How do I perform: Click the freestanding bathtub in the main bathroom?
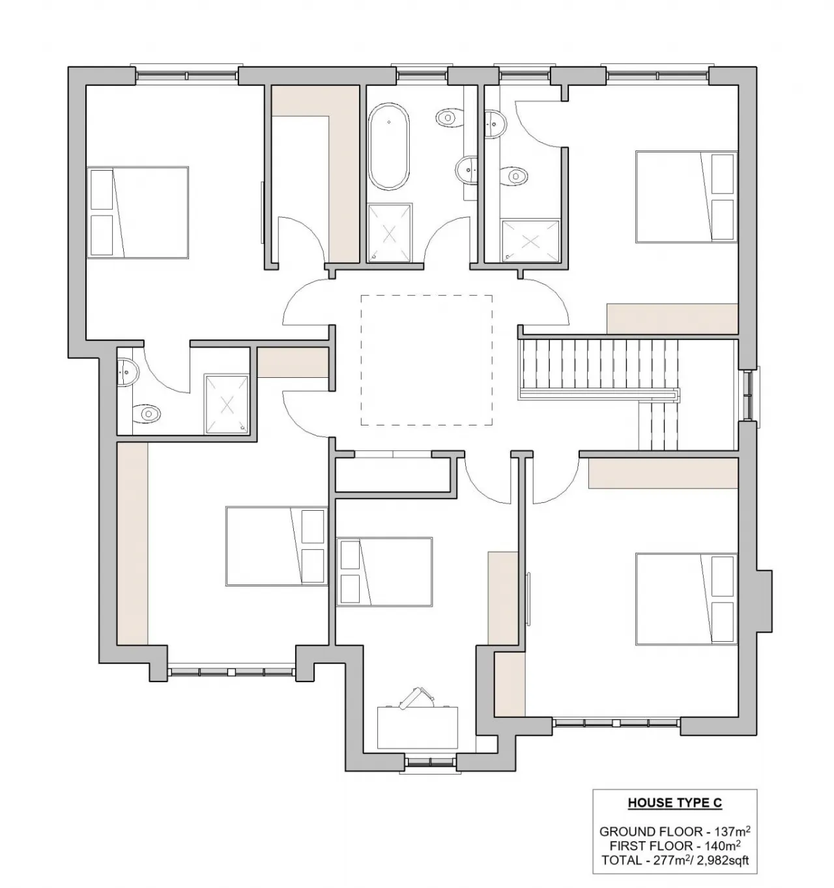point(389,148)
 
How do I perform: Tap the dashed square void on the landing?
point(427,360)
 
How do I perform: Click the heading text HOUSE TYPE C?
point(674,803)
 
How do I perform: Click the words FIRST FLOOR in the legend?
point(642,846)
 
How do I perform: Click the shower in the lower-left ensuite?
point(227,404)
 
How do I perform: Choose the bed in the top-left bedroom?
point(138,212)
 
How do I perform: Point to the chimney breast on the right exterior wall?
point(764,599)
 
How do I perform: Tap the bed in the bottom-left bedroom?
point(276,546)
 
